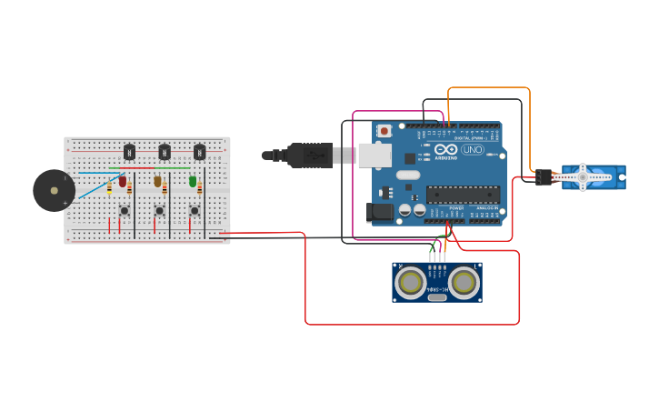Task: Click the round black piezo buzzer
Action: (x=54, y=191)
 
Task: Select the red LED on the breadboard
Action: (x=123, y=181)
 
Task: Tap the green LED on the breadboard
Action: (x=193, y=181)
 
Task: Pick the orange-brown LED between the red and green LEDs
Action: (x=157, y=181)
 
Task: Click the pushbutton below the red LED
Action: (x=124, y=211)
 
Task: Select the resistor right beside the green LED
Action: (x=200, y=187)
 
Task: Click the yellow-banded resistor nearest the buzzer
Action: (x=110, y=187)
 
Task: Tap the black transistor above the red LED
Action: (x=129, y=152)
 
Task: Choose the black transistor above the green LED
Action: (x=199, y=152)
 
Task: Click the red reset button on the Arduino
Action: (x=384, y=131)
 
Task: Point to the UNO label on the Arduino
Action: (x=473, y=150)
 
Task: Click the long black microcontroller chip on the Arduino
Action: (x=463, y=194)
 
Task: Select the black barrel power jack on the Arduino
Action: (x=381, y=213)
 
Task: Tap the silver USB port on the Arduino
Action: (x=374, y=156)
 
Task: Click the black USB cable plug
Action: (x=309, y=156)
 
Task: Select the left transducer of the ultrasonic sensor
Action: (x=411, y=283)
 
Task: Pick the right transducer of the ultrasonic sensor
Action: (x=464, y=283)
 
